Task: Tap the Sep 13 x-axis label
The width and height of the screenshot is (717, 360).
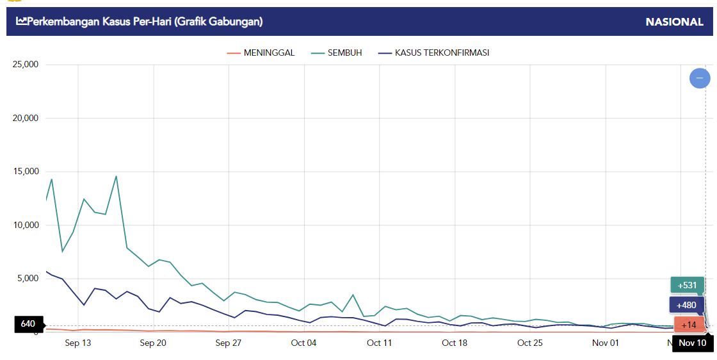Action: pos(78,343)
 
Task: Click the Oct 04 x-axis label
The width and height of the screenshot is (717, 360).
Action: pos(303,343)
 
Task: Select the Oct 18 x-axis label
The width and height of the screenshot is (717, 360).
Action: pos(455,343)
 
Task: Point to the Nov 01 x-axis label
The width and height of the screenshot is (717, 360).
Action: pos(606,343)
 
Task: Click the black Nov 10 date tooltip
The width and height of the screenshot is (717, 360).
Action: pos(692,343)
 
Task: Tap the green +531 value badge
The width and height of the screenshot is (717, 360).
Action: pos(688,285)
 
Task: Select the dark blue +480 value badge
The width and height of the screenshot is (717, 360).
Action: pos(687,305)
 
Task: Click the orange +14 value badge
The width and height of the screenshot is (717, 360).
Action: pos(689,325)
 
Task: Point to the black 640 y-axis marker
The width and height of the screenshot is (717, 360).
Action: pos(28,324)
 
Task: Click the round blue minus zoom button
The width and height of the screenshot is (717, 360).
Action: pos(700,78)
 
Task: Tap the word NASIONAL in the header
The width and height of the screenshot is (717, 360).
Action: pos(674,22)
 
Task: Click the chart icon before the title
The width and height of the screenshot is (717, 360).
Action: pos(22,22)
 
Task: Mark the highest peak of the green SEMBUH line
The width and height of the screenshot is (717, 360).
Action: pos(116,176)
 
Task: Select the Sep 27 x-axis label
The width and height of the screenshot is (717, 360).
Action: pos(229,343)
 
